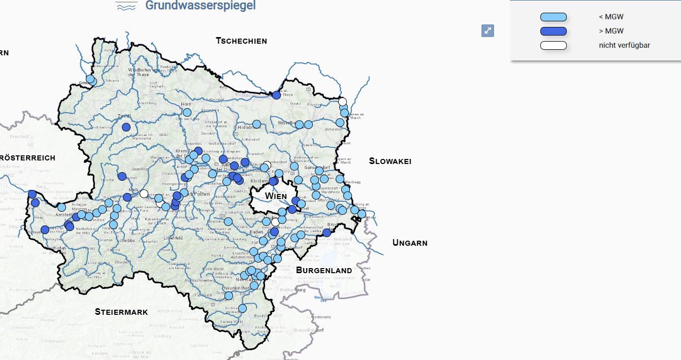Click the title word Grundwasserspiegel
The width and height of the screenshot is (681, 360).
[x=200, y=6]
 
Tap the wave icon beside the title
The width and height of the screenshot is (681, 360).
[x=126, y=6]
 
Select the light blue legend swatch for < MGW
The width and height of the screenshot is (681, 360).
[x=553, y=17]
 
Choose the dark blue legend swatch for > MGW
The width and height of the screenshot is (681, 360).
[x=553, y=31]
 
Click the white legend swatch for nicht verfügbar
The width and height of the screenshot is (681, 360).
[x=553, y=46]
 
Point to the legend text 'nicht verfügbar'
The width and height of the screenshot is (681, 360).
[x=624, y=46]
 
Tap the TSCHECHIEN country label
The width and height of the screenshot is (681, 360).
[x=241, y=41]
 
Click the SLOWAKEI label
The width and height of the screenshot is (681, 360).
[x=390, y=161]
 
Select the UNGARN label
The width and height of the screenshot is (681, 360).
[x=410, y=243]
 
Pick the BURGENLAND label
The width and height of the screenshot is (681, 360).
[x=324, y=270]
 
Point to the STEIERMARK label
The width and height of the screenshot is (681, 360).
[x=121, y=312]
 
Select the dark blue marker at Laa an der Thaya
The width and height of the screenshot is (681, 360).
[x=276, y=95]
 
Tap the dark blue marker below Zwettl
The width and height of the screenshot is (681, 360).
[x=126, y=127]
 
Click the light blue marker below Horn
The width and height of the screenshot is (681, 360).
[x=187, y=112]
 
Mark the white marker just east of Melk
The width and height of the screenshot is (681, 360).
[x=144, y=193]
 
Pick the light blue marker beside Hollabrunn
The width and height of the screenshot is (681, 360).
[x=256, y=124]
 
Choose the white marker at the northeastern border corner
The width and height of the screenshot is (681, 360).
[x=342, y=101]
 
